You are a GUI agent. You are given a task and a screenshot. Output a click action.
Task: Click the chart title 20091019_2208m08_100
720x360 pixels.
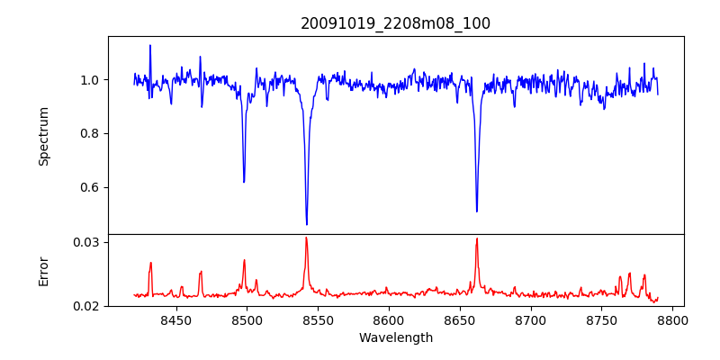tap(395, 23)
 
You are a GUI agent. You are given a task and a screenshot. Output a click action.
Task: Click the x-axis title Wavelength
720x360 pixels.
tap(395, 338)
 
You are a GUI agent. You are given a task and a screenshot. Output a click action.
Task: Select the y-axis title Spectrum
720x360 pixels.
tap(44, 136)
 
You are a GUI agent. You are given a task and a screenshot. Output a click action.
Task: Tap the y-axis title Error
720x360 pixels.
tap(44, 271)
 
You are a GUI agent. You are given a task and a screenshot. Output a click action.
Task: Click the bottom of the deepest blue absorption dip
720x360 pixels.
tap(307, 224)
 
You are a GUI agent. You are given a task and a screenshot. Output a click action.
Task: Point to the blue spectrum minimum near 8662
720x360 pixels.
tap(477, 211)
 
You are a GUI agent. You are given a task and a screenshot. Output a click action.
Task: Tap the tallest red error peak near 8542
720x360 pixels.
tap(307, 238)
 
